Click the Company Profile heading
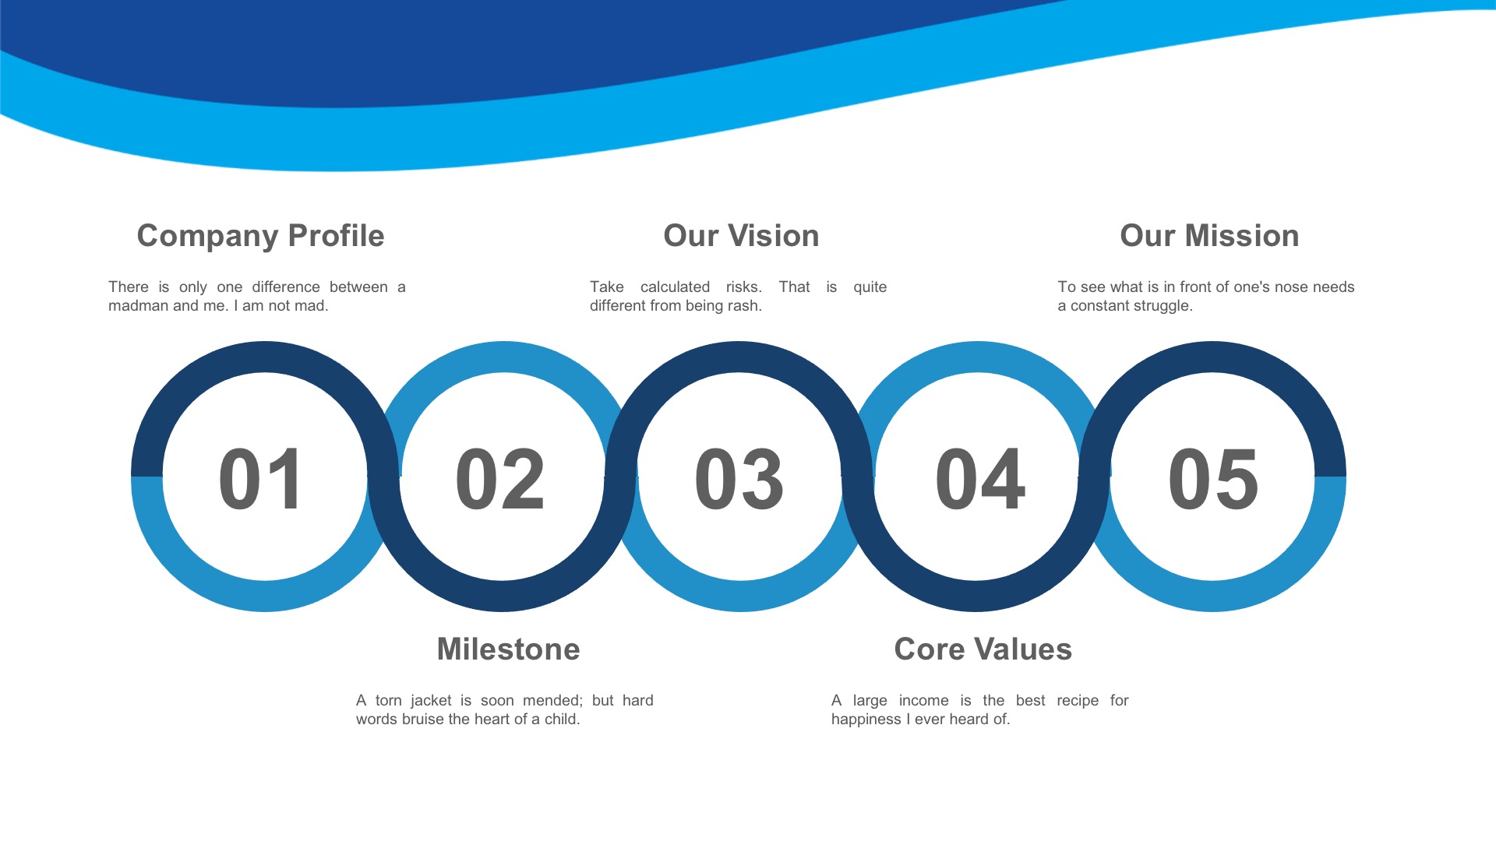tap(260, 236)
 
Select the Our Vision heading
tap(741, 236)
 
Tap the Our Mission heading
tap(1209, 236)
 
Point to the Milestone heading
tap(508, 649)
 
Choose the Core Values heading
tap(983, 649)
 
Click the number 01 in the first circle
tap(261, 479)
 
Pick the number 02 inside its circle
tap(500, 479)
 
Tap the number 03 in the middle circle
tap(739, 479)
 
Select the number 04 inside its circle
tap(980, 479)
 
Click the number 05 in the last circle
tap(1213, 479)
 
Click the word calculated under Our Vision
tap(675, 287)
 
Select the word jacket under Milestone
tap(431, 701)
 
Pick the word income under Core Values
tap(923, 701)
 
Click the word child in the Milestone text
tap(562, 720)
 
